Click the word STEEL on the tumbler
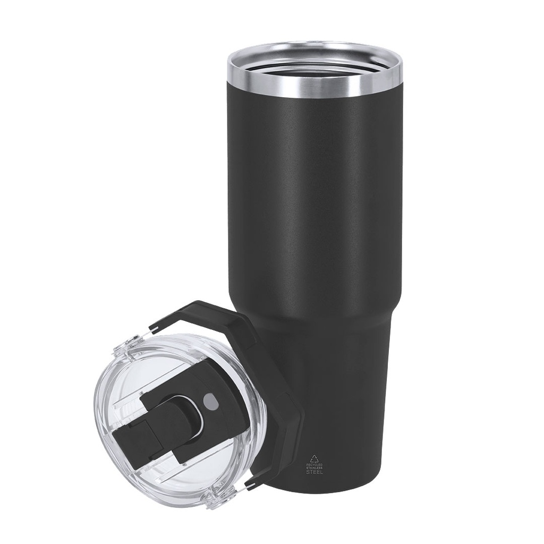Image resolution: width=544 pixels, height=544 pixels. click(x=314, y=472)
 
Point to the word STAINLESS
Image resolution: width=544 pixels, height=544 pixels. click(x=314, y=467)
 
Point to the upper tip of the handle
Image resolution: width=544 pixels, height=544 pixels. click(x=154, y=325)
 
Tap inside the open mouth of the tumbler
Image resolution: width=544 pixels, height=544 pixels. click(x=314, y=61)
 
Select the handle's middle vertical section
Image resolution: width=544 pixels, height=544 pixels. click(x=287, y=420)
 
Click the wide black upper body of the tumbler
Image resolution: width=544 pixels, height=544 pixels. click(x=313, y=202)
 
